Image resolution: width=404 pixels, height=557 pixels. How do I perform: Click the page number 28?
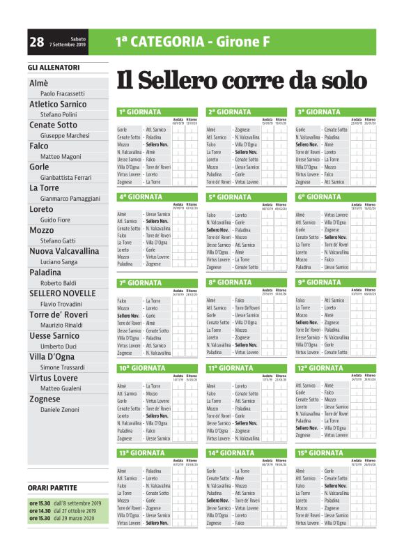coord(37,43)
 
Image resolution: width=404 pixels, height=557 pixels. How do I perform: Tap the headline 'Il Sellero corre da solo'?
coord(241,80)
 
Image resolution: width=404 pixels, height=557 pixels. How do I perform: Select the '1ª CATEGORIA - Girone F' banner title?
coord(193,43)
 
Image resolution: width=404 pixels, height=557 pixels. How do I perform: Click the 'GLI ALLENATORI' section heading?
coord(54,68)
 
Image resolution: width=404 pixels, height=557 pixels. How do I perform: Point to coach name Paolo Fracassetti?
coord(63,93)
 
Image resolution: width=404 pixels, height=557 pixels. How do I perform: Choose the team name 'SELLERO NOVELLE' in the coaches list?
coord(63,293)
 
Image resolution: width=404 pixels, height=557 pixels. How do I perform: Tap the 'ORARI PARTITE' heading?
coord(52,487)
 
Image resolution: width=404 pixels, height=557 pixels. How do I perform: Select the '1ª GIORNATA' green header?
coord(140,112)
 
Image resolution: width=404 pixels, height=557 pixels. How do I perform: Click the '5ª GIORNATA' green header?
coord(230,197)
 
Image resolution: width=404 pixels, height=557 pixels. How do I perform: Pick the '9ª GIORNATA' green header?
coord(319,282)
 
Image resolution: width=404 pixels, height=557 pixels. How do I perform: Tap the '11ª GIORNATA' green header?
coord(231,367)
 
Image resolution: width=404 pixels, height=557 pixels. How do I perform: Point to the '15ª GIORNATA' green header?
coord(320,453)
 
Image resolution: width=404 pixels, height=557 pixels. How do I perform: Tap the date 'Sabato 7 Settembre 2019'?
coord(68,43)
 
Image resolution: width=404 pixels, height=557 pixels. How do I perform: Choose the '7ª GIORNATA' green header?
coord(140,282)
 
